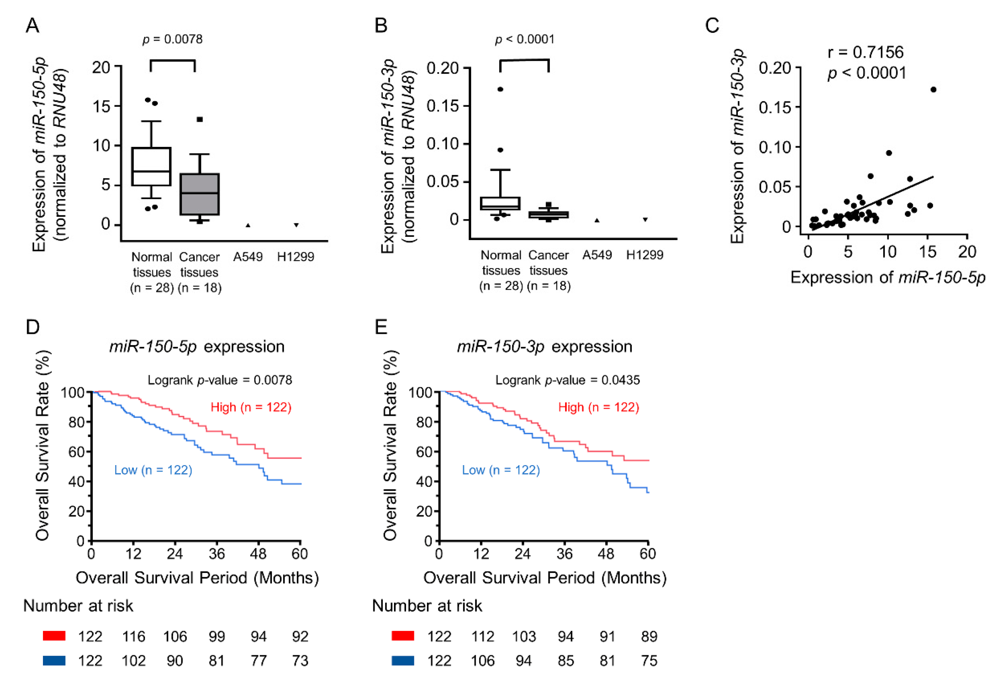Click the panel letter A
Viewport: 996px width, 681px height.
[33, 25]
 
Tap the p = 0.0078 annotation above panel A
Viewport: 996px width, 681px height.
[172, 40]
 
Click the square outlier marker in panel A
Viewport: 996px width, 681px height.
[200, 120]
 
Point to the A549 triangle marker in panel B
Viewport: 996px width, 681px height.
[597, 220]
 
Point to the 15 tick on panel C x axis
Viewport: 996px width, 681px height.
[927, 252]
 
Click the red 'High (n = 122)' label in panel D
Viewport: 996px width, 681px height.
[251, 407]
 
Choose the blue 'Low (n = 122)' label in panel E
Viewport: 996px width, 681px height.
[501, 470]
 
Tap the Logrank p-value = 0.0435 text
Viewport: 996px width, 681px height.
[568, 380]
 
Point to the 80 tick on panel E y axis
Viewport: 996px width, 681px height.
[424, 422]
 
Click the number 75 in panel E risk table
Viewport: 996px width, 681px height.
[649, 661]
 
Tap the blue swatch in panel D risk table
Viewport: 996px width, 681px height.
[54, 660]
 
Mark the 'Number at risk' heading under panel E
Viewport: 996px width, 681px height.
[427, 606]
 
